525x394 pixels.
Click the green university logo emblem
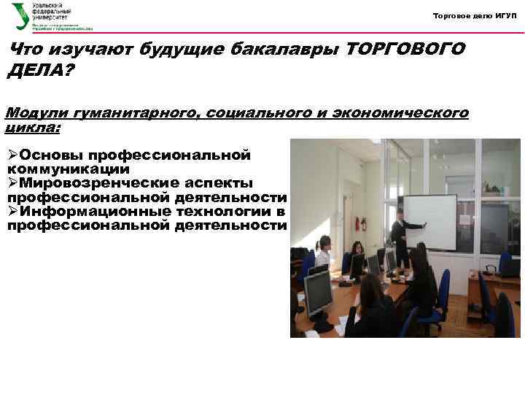pyautogui.click(x=20, y=15)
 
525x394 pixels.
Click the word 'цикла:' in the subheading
pyautogui.click(x=34, y=126)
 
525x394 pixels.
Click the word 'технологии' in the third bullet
pyautogui.click(x=223, y=211)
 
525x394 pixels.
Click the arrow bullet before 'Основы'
pyautogui.click(x=13, y=155)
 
